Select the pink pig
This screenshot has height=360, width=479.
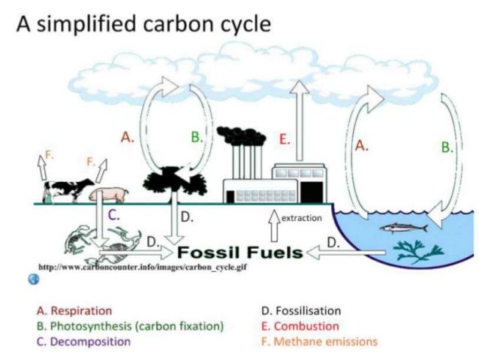(x=106, y=195)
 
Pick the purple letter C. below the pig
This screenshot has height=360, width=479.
(x=114, y=214)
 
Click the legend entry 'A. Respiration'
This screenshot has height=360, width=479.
(x=74, y=310)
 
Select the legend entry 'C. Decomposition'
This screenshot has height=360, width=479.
(x=83, y=341)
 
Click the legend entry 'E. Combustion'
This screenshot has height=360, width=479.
(x=296, y=325)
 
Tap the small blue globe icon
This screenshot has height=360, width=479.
(x=33, y=279)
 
